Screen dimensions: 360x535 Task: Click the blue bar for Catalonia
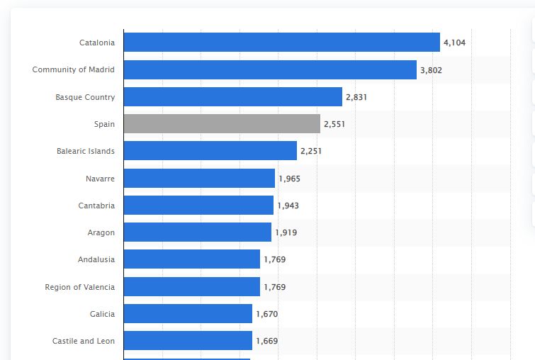(281, 43)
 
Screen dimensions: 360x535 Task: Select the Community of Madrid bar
(270, 69)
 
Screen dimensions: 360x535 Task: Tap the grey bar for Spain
(222, 124)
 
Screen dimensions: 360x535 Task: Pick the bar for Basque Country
(232, 97)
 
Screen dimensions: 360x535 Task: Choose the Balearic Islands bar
(210, 151)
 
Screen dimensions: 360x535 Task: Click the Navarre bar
(199, 179)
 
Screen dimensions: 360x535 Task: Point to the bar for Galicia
(188, 314)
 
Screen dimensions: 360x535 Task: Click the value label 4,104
(454, 43)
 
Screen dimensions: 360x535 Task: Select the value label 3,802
(431, 70)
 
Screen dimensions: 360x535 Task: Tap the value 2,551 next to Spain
(334, 125)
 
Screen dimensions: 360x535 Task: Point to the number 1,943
(288, 206)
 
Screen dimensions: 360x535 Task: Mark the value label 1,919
(286, 232)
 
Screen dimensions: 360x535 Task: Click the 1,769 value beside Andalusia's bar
(274, 260)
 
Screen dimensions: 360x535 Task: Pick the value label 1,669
(266, 341)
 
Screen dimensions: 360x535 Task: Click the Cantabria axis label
(96, 206)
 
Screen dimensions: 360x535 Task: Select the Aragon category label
(101, 232)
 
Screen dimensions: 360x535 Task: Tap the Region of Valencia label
(79, 287)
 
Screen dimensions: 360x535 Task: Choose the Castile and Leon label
(83, 341)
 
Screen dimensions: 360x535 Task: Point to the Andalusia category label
(96, 259)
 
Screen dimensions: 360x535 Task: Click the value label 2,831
(356, 97)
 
